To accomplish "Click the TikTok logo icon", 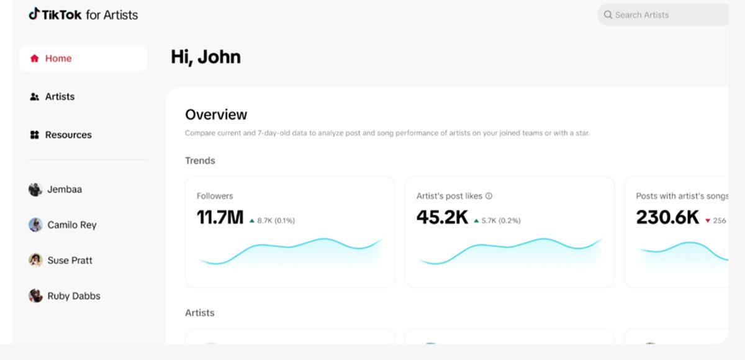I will [x=34, y=14].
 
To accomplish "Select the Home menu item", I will [x=58, y=58].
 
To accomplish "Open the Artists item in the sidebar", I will [x=60, y=97].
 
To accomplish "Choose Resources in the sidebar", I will [x=68, y=135].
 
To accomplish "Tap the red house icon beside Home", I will [x=35, y=58].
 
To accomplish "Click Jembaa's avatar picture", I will [x=35, y=190].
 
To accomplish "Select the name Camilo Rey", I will [x=72, y=225].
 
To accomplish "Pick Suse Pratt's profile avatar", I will [x=35, y=260].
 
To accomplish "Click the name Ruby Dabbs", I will [x=74, y=296].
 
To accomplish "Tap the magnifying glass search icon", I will [x=608, y=15].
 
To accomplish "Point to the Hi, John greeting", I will [x=205, y=57].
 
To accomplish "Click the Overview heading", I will [x=216, y=114].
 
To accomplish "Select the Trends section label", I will [x=200, y=161].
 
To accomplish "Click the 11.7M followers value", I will [x=220, y=218].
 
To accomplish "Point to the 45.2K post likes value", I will [x=442, y=218].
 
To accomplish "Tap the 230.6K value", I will [x=667, y=218].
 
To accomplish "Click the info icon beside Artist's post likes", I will [x=489, y=196].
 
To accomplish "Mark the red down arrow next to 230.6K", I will [x=708, y=220].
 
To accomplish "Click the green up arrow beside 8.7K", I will [x=252, y=220].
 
